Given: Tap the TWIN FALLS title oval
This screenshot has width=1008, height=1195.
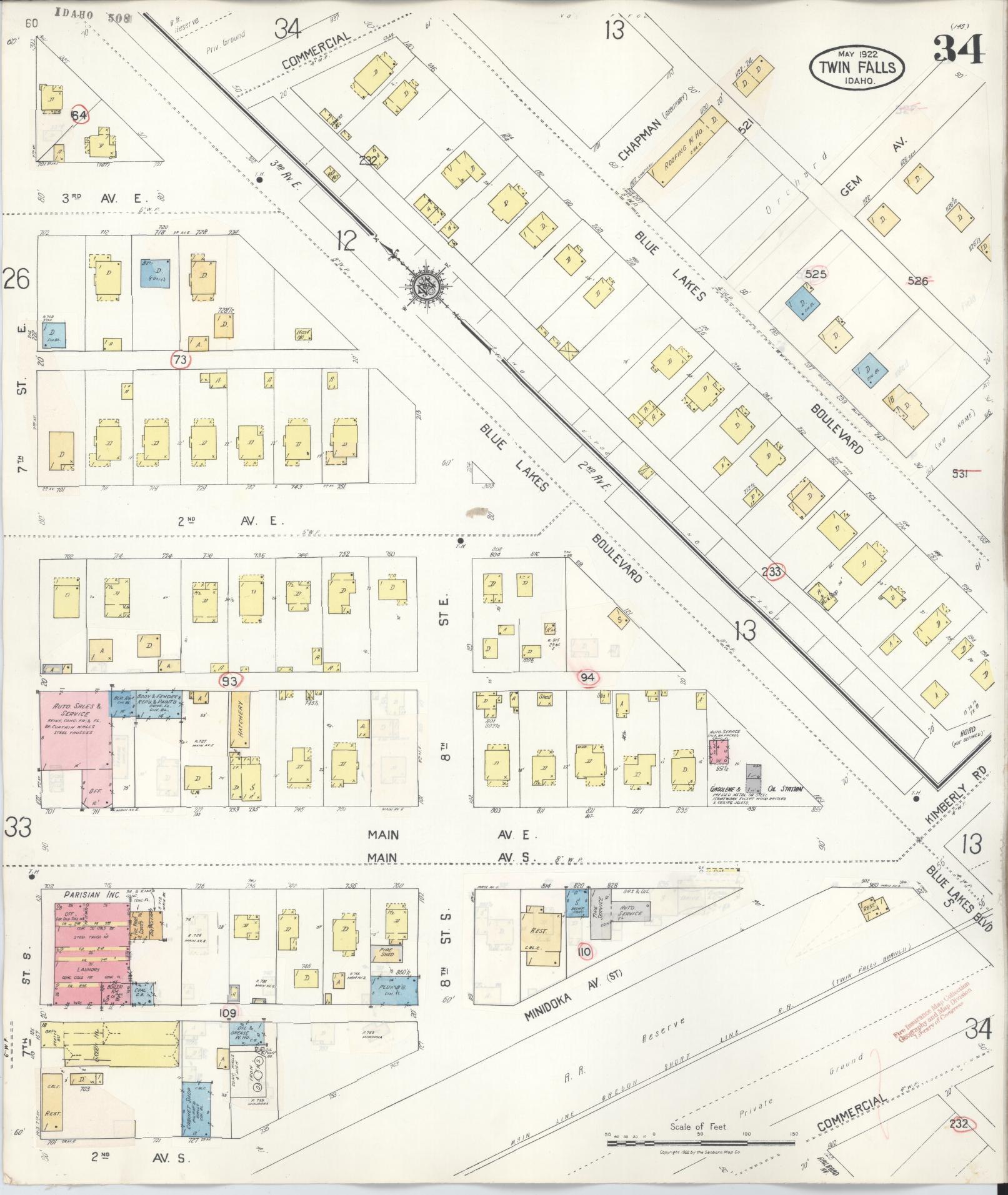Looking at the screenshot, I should point(857,69).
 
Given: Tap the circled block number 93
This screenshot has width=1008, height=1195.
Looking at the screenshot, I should point(231,681).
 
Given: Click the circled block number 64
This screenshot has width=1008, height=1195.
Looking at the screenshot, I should point(79,116).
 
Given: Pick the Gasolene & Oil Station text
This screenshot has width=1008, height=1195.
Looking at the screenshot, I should point(756,790).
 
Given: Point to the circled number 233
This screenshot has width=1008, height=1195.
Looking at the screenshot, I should point(772,570).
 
